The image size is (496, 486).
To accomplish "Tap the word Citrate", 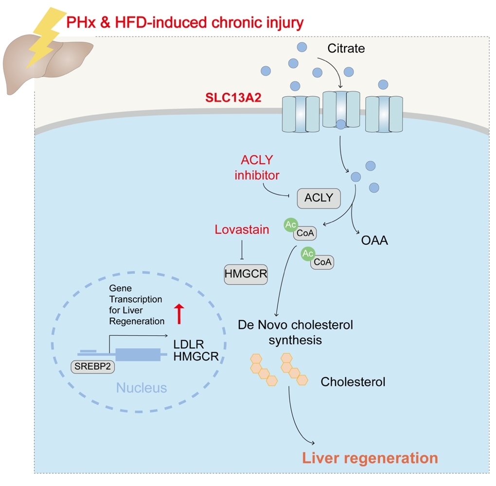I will tap(346, 49).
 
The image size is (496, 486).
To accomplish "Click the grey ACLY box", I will tap(319, 198).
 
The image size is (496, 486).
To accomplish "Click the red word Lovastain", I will tap(242, 229).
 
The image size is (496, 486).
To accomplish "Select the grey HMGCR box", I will tap(246, 274).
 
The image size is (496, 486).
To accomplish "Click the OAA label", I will tap(375, 240).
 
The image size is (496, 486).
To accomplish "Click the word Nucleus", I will tap(141, 388).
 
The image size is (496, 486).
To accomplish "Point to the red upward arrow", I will tap(179, 313).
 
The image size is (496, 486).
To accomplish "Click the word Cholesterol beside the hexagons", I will tap(353, 382).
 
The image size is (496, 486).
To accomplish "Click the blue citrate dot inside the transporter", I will tap(341, 124).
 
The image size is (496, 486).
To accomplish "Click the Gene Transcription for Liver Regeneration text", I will tap(136, 305).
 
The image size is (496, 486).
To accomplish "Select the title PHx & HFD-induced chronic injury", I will tap(185, 22).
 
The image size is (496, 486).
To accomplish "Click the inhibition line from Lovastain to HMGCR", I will tap(242, 250).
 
